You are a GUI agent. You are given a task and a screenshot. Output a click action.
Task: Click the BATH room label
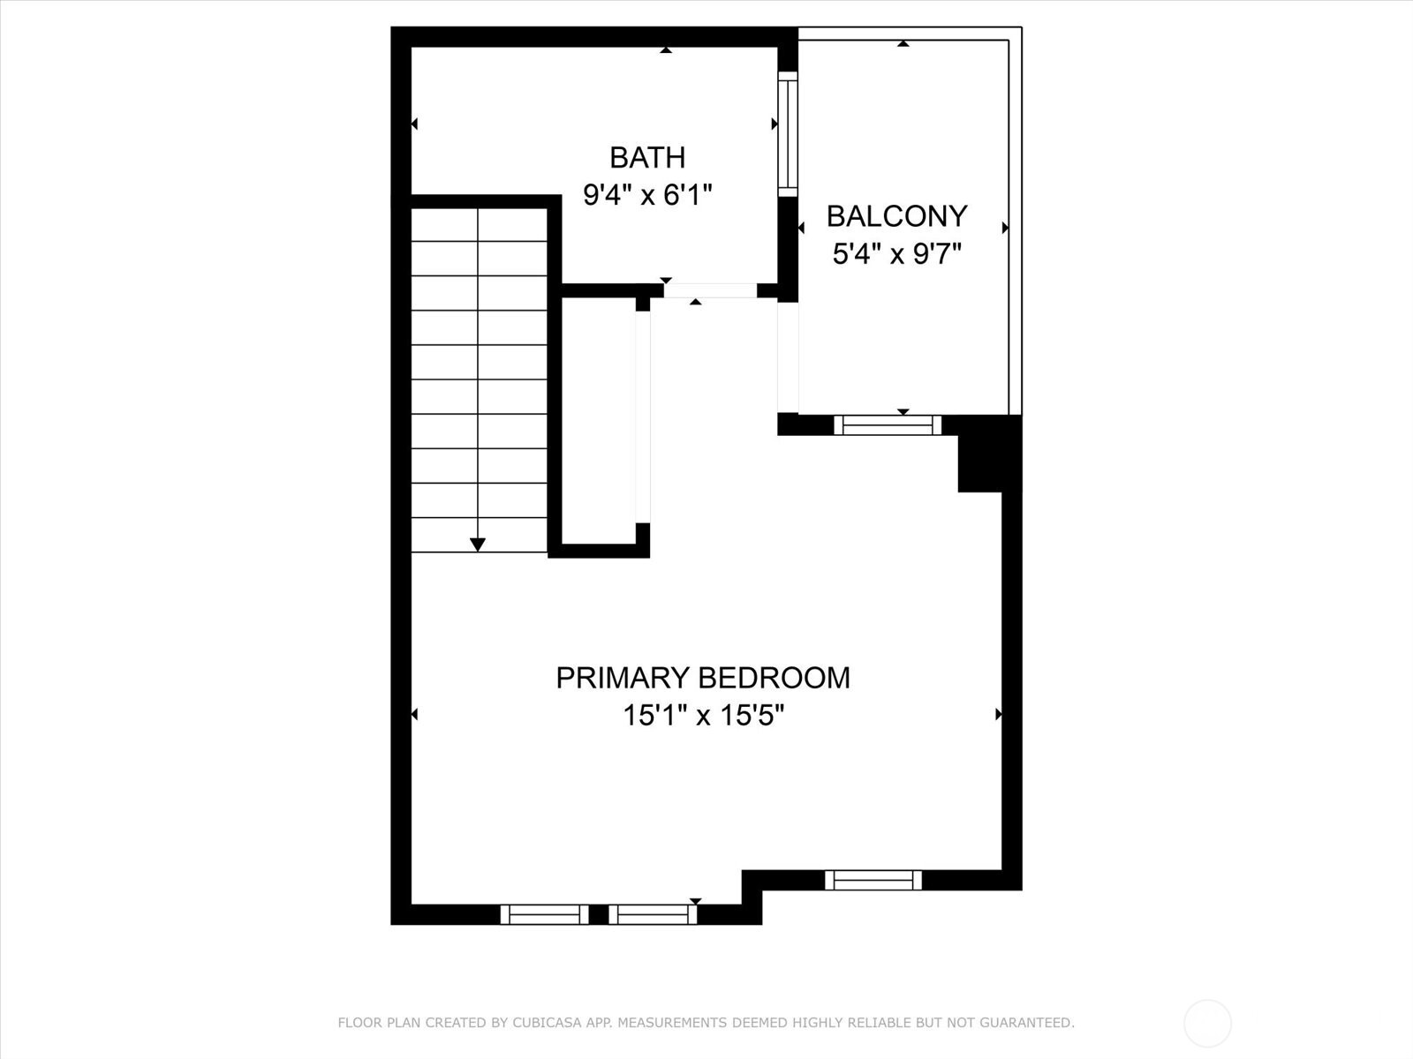(x=647, y=157)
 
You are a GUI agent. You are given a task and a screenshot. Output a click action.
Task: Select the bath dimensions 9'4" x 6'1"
(x=647, y=194)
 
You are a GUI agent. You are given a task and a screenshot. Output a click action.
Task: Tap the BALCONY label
(x=896, y=216)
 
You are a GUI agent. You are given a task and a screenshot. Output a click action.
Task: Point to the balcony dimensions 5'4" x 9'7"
(x=896, y=254)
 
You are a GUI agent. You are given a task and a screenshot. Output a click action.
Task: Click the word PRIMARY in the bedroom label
(x=623, y=678)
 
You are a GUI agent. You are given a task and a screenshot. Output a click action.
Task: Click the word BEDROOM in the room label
(x=775, y=678)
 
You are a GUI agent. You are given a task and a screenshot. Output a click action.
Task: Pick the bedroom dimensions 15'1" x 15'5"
(x=704, y=715)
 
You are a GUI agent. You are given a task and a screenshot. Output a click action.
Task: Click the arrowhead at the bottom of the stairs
(x=478, y=545)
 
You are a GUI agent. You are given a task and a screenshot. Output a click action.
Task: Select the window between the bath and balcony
(x=787, y=133)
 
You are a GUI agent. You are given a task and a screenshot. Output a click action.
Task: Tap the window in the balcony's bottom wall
(x=888, y=425)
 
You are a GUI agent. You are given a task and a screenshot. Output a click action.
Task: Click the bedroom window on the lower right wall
(x=873, y=880)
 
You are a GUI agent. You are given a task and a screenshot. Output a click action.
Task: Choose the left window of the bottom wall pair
(x=545, y=914)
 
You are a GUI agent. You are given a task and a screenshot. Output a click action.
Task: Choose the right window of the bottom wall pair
(x=653, y=914)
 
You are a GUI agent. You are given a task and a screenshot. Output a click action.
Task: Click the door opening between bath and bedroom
(x=710, y=290)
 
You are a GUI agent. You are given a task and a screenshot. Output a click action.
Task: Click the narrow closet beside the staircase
(x=599, y=419)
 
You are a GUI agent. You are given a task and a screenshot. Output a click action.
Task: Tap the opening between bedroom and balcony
(x=788, y=357)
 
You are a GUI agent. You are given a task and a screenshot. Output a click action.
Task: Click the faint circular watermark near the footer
(x=1207, y=1024)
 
